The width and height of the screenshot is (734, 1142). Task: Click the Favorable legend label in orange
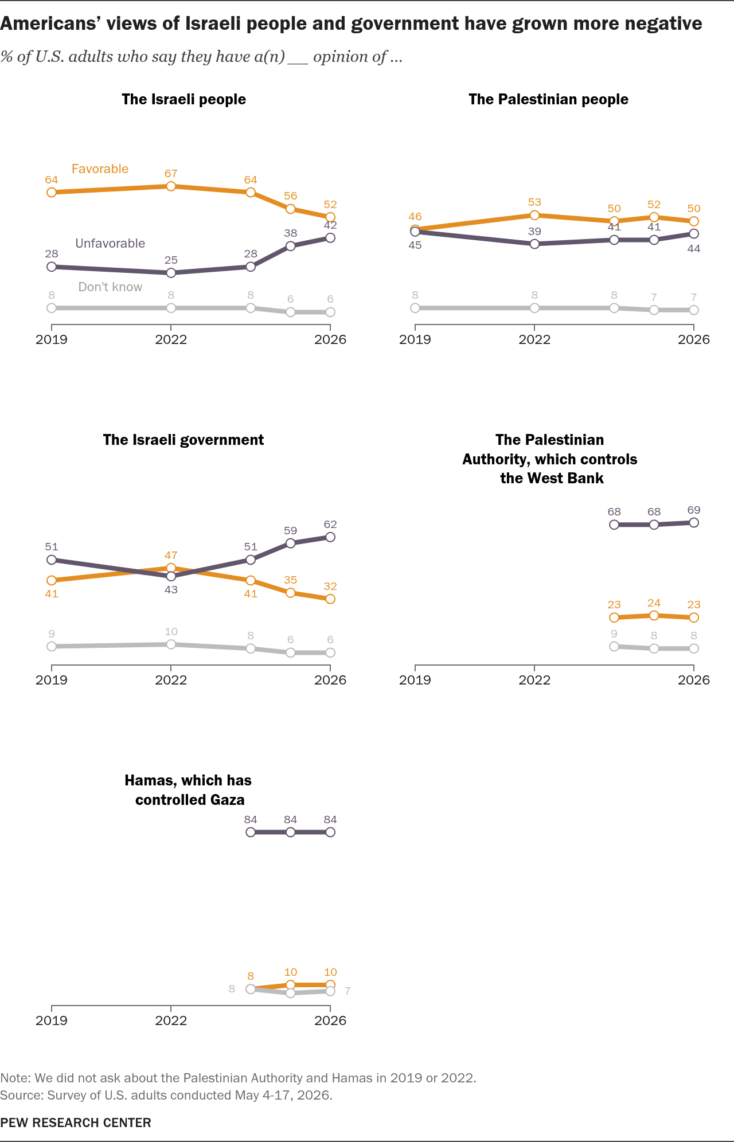[100, 169]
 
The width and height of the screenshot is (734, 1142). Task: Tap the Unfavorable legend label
[110, 243]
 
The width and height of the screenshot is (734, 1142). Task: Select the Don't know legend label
[110, 287]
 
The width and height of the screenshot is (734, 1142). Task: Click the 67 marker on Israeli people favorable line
[171, 186]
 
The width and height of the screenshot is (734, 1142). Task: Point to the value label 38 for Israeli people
[291, 233]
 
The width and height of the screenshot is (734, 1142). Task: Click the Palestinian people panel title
[548, 99]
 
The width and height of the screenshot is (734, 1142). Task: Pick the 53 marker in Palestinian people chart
[534, 215]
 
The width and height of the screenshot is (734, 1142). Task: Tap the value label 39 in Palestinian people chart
[534, 231]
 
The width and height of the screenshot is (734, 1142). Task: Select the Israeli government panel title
[183, 440]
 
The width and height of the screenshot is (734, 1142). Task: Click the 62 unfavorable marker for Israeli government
[330, 537]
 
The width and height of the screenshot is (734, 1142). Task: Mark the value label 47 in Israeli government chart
[171, 555]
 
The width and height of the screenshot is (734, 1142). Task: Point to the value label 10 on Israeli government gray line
[171, 631]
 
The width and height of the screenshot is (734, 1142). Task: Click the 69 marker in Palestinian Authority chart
[694, 522]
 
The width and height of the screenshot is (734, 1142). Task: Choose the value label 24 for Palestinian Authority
[654, 603]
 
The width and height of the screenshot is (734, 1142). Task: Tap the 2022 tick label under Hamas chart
[171, 1020]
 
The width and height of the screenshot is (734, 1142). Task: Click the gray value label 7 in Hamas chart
[348, 991]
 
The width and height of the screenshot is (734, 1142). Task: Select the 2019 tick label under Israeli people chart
[52, 339]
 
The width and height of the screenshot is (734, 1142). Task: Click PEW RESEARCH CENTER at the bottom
[76, 1123]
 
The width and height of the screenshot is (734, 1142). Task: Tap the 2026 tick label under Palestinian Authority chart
[694, 680]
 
